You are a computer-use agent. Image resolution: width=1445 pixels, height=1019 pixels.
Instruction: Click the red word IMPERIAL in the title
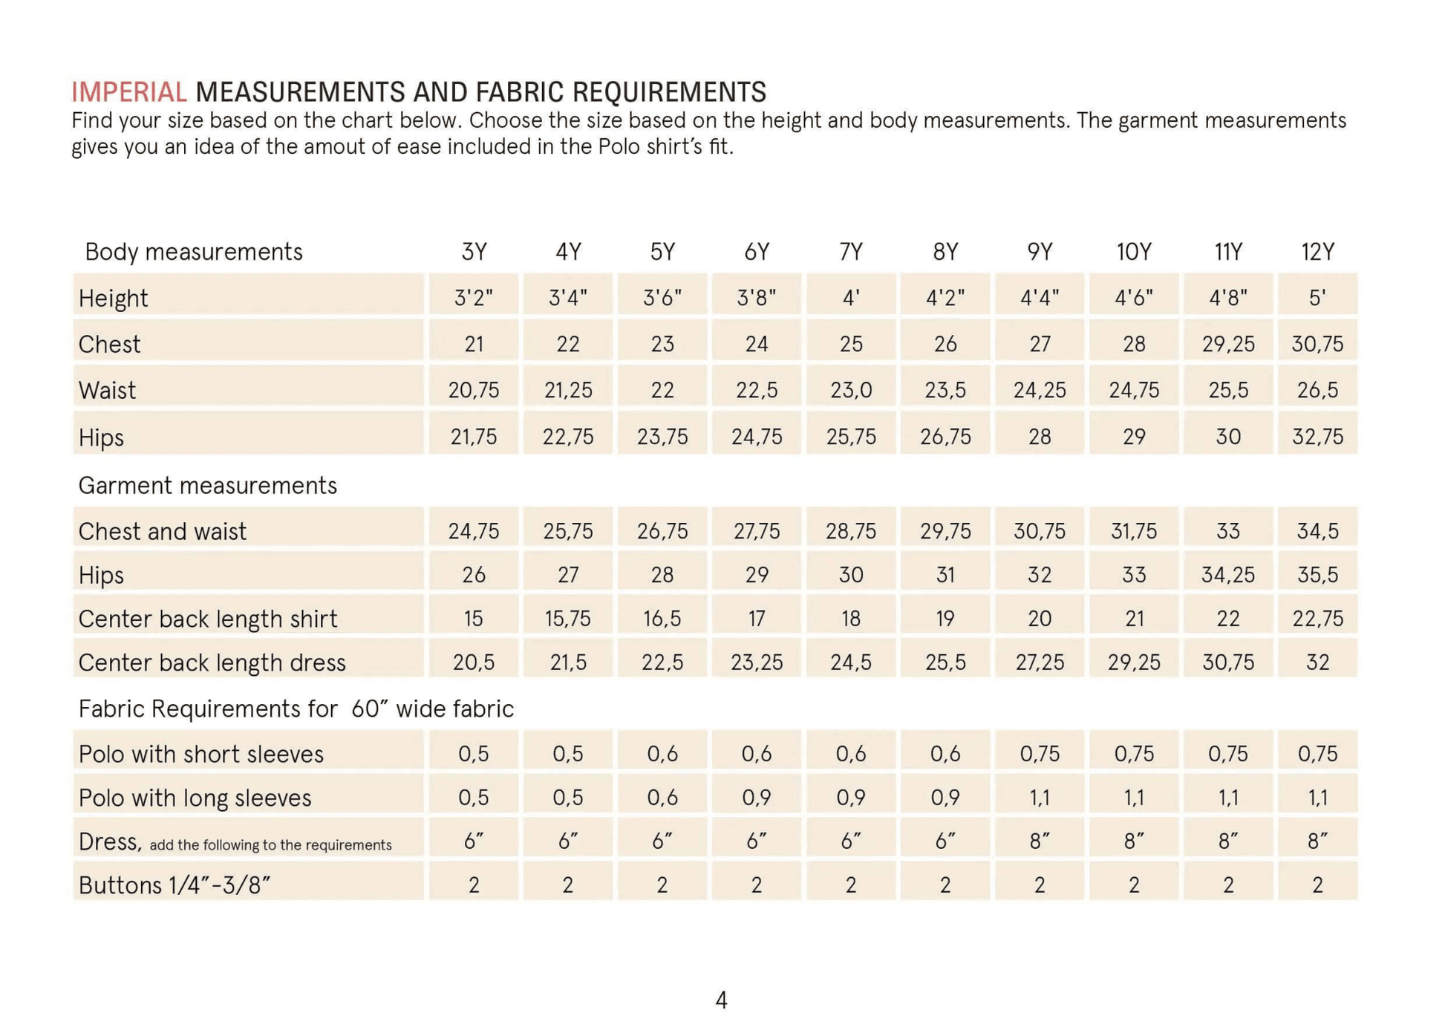tap(128, 92)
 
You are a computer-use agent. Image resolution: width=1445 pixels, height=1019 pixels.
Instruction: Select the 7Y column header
tap(851, 252)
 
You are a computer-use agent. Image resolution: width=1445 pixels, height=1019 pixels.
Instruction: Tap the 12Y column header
tap(1318, 252)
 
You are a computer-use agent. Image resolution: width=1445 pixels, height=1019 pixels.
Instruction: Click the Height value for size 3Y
tap(474, 297)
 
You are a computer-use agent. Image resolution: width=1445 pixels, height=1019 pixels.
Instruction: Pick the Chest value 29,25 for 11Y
tap(1228, 344)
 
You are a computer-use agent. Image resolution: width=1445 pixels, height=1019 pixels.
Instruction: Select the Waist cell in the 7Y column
tap(851, 390)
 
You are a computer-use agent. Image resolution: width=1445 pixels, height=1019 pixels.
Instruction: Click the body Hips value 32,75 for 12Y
tap(1318, 437)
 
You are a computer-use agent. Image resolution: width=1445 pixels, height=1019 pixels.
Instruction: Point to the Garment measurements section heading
tap(207, 486)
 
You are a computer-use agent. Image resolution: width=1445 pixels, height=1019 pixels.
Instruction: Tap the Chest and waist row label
tap(162, 532)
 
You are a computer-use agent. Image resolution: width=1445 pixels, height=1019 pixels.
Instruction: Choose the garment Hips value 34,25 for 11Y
tap(1228, 575)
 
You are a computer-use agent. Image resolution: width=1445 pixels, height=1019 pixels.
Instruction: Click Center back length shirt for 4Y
tap(568, 619)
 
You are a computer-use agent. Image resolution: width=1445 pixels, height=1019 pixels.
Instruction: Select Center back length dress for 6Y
tap(757, 662)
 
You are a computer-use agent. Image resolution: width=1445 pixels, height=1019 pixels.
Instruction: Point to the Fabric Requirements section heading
tap(296, 709)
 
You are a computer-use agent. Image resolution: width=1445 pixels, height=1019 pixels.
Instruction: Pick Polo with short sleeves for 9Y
tap(1040, 754)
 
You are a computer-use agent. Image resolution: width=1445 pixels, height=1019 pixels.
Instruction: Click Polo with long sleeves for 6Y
tap(757, 798)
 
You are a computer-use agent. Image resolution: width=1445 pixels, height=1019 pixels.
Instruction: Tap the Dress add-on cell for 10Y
tap(1134, 841)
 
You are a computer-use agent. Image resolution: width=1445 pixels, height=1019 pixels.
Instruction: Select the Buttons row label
tap(174, 885)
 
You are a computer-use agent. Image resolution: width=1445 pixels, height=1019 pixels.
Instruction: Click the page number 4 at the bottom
tap(721, 1000)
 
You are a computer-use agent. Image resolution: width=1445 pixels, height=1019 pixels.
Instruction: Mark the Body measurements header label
tap(194, 253)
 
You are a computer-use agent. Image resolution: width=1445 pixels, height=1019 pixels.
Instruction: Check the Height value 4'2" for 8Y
tap(945, 297)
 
